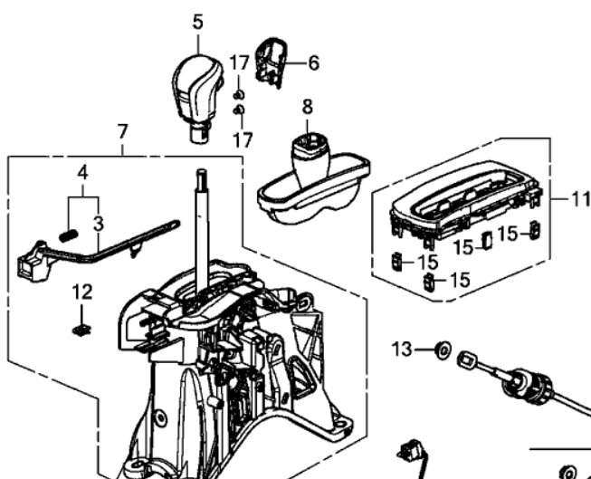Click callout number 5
click(198, 21)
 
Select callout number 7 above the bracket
click(123, 131)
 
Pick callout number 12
click(82, 292)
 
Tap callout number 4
click(81, 171)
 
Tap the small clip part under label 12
click(81, 328)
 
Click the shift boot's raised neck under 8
click(309, 150)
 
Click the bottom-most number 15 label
click(459, 280)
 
